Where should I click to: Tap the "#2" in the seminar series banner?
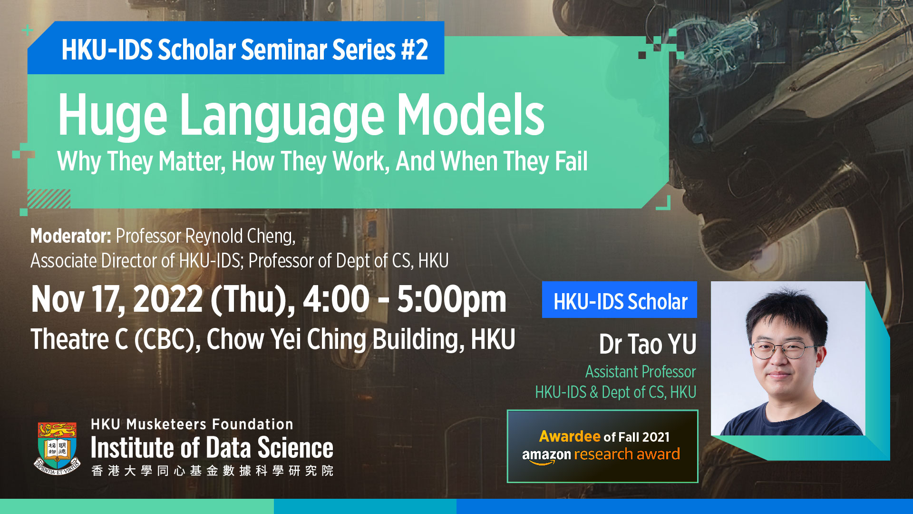point(414,50)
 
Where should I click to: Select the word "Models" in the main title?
point(471,114)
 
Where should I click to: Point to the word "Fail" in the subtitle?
point(571,161)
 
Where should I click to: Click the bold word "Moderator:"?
point(71,236)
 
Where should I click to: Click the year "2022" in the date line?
point(168,299)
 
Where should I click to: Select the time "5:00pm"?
point(452,300)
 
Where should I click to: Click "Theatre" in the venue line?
point(70,339)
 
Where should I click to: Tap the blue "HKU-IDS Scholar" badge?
point(620,300)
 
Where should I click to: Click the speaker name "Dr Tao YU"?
point(648,344)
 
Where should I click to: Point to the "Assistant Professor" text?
point(641,372)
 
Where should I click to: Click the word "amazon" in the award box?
point(546,455)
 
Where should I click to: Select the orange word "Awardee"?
point(570,436)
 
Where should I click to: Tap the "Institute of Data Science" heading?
point(212,448)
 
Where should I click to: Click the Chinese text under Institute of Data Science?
point(212,471)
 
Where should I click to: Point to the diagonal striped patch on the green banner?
point(49,199)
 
